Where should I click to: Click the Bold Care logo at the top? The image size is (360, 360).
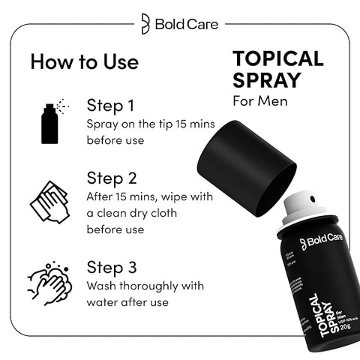179,24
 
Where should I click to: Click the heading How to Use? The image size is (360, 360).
84,61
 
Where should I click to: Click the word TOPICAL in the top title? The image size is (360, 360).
277,59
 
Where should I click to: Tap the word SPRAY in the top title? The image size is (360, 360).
265,80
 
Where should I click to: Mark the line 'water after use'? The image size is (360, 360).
127,302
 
